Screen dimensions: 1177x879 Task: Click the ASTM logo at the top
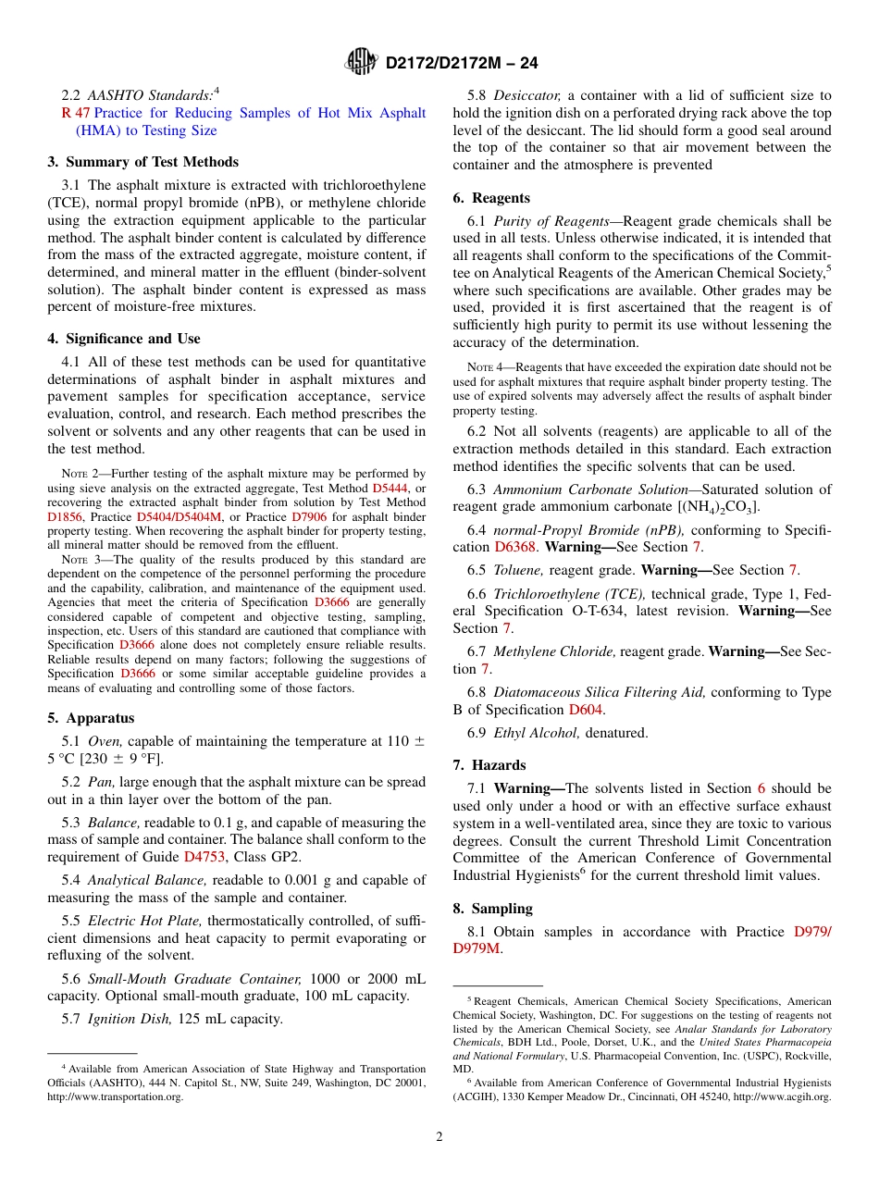(x=361, y=62)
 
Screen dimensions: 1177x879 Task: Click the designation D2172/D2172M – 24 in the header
(x=461, y=63)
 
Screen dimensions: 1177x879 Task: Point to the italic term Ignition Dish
(x=130, y=1019)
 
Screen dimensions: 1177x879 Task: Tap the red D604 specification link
(x=585, y=710)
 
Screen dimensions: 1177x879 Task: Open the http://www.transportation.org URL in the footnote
(x=115, y=1096)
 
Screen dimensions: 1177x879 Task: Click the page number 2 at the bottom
(x=439, y=1137)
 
